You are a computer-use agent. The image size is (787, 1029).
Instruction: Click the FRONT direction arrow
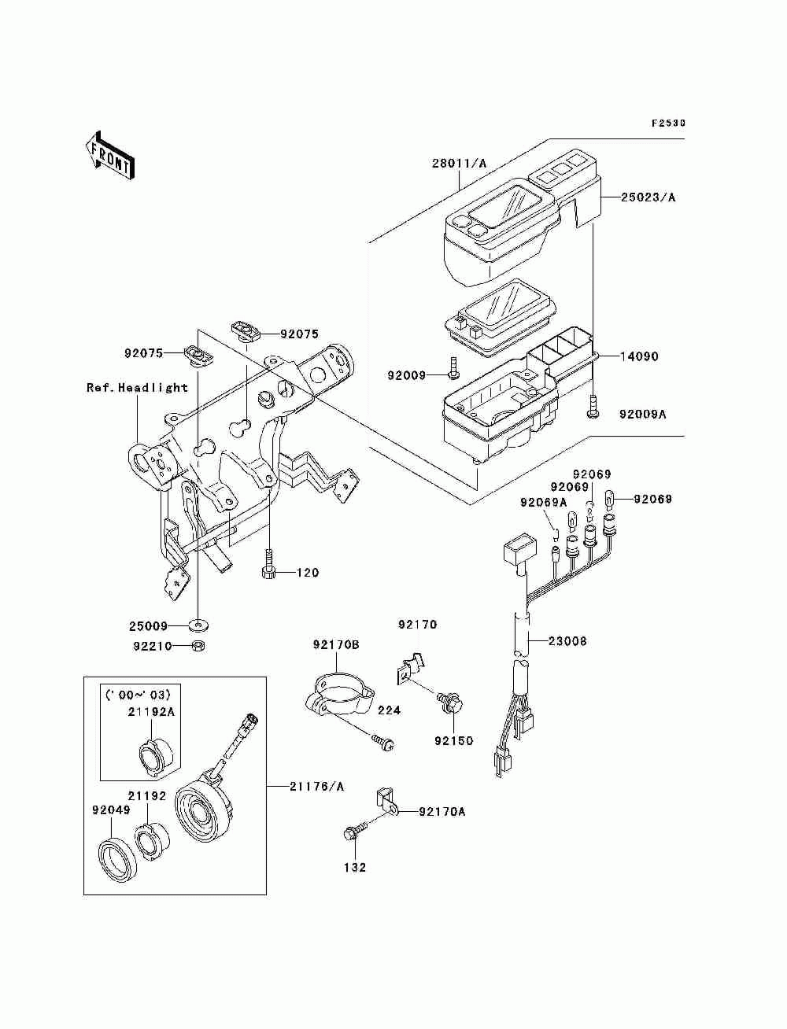[x=110, y=155]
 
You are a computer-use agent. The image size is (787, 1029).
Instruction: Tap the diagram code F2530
[x=668, y=124]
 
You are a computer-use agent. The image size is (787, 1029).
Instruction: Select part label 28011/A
[x=459, y=164]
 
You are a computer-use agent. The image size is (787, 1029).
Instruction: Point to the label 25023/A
[x=648, y=197]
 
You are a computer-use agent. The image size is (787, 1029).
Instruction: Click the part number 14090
[x=639, y=357]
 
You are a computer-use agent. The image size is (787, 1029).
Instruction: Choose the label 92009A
[x=642, y=415]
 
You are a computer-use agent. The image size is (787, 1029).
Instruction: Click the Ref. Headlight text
[x=138, y=388]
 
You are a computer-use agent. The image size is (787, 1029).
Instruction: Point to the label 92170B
[x=336, y=645]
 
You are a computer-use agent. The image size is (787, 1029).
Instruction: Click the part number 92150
[x=453, y=741]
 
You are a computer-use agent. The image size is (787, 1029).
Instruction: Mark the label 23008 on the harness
[x=567, y=641]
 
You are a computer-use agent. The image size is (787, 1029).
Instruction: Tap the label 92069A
[x=544, y=503]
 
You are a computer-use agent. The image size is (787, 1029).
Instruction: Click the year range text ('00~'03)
[x=138, y=695]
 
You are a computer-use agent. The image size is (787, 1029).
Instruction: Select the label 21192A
[x=151, y=712]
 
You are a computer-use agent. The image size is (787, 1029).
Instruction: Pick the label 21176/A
[x=316, y=787]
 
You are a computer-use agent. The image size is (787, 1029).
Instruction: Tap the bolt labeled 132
[x=355, y=835]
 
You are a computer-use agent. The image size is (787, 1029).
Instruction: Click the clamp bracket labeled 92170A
[x=386, y=805]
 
